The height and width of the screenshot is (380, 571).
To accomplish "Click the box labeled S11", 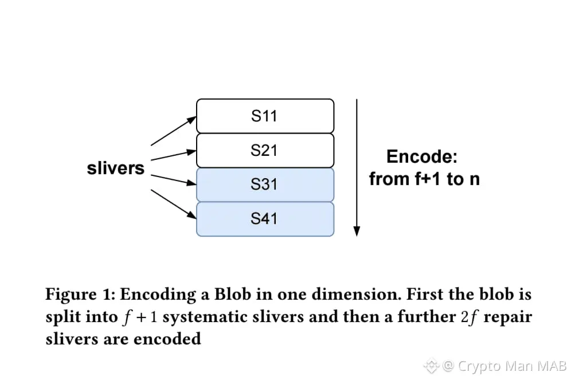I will point(265,116).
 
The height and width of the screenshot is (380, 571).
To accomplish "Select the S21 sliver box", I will point(265,150).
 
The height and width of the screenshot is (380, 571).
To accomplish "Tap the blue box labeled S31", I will point(265,185).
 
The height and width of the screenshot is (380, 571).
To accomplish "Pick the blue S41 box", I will point(265,218).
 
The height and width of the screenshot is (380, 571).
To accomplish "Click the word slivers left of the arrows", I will point(115,169).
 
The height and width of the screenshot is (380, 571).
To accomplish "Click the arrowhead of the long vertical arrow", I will point(357,231).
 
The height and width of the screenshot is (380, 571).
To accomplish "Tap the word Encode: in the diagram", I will point(423,156).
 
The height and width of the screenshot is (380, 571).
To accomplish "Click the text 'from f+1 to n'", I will point(424,179).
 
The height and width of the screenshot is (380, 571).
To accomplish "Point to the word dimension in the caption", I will point(328,295).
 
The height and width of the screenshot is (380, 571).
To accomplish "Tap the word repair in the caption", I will point(506,317).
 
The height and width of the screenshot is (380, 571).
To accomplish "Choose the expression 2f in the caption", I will point(470,317).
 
